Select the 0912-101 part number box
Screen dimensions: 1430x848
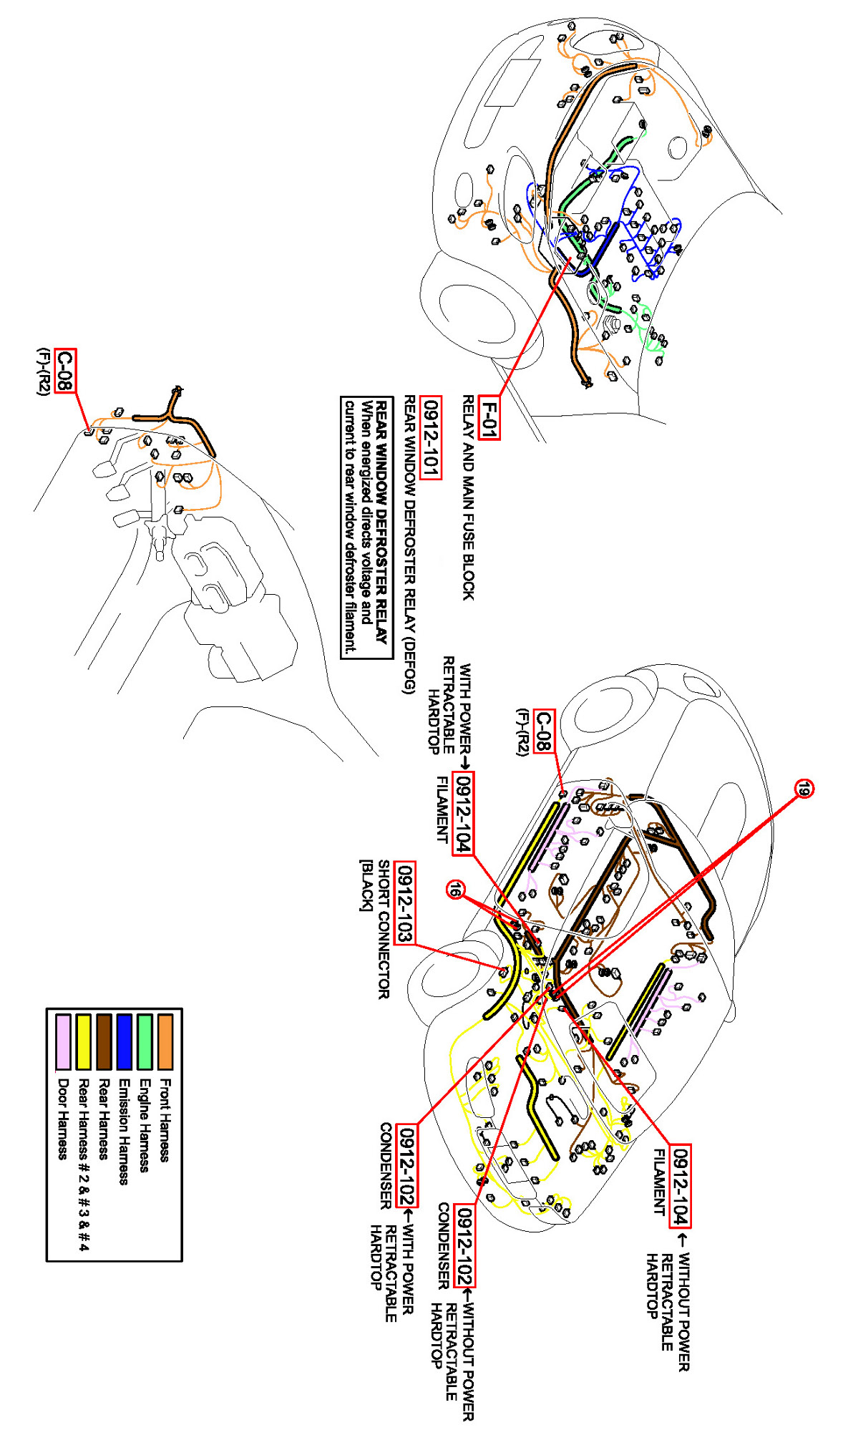click(x=431, y=437)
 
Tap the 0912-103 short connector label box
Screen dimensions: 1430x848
click(x=405, y=903)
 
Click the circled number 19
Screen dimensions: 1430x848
click(x=804, y=789)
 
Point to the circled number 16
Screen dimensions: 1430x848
click(x=455, y=890)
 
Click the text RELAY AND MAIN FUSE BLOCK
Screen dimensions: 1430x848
click(x=467, y=497)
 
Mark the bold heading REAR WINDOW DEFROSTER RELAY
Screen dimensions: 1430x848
click(x=382, y=522)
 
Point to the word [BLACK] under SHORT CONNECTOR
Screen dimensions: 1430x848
click(x=366, y=885)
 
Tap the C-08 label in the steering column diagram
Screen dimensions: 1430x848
click(x=64, y=370)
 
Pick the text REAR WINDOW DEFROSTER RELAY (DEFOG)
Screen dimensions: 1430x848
click(x=409, y=544)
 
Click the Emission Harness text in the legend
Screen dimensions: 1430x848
click(x=124, y=1132)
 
